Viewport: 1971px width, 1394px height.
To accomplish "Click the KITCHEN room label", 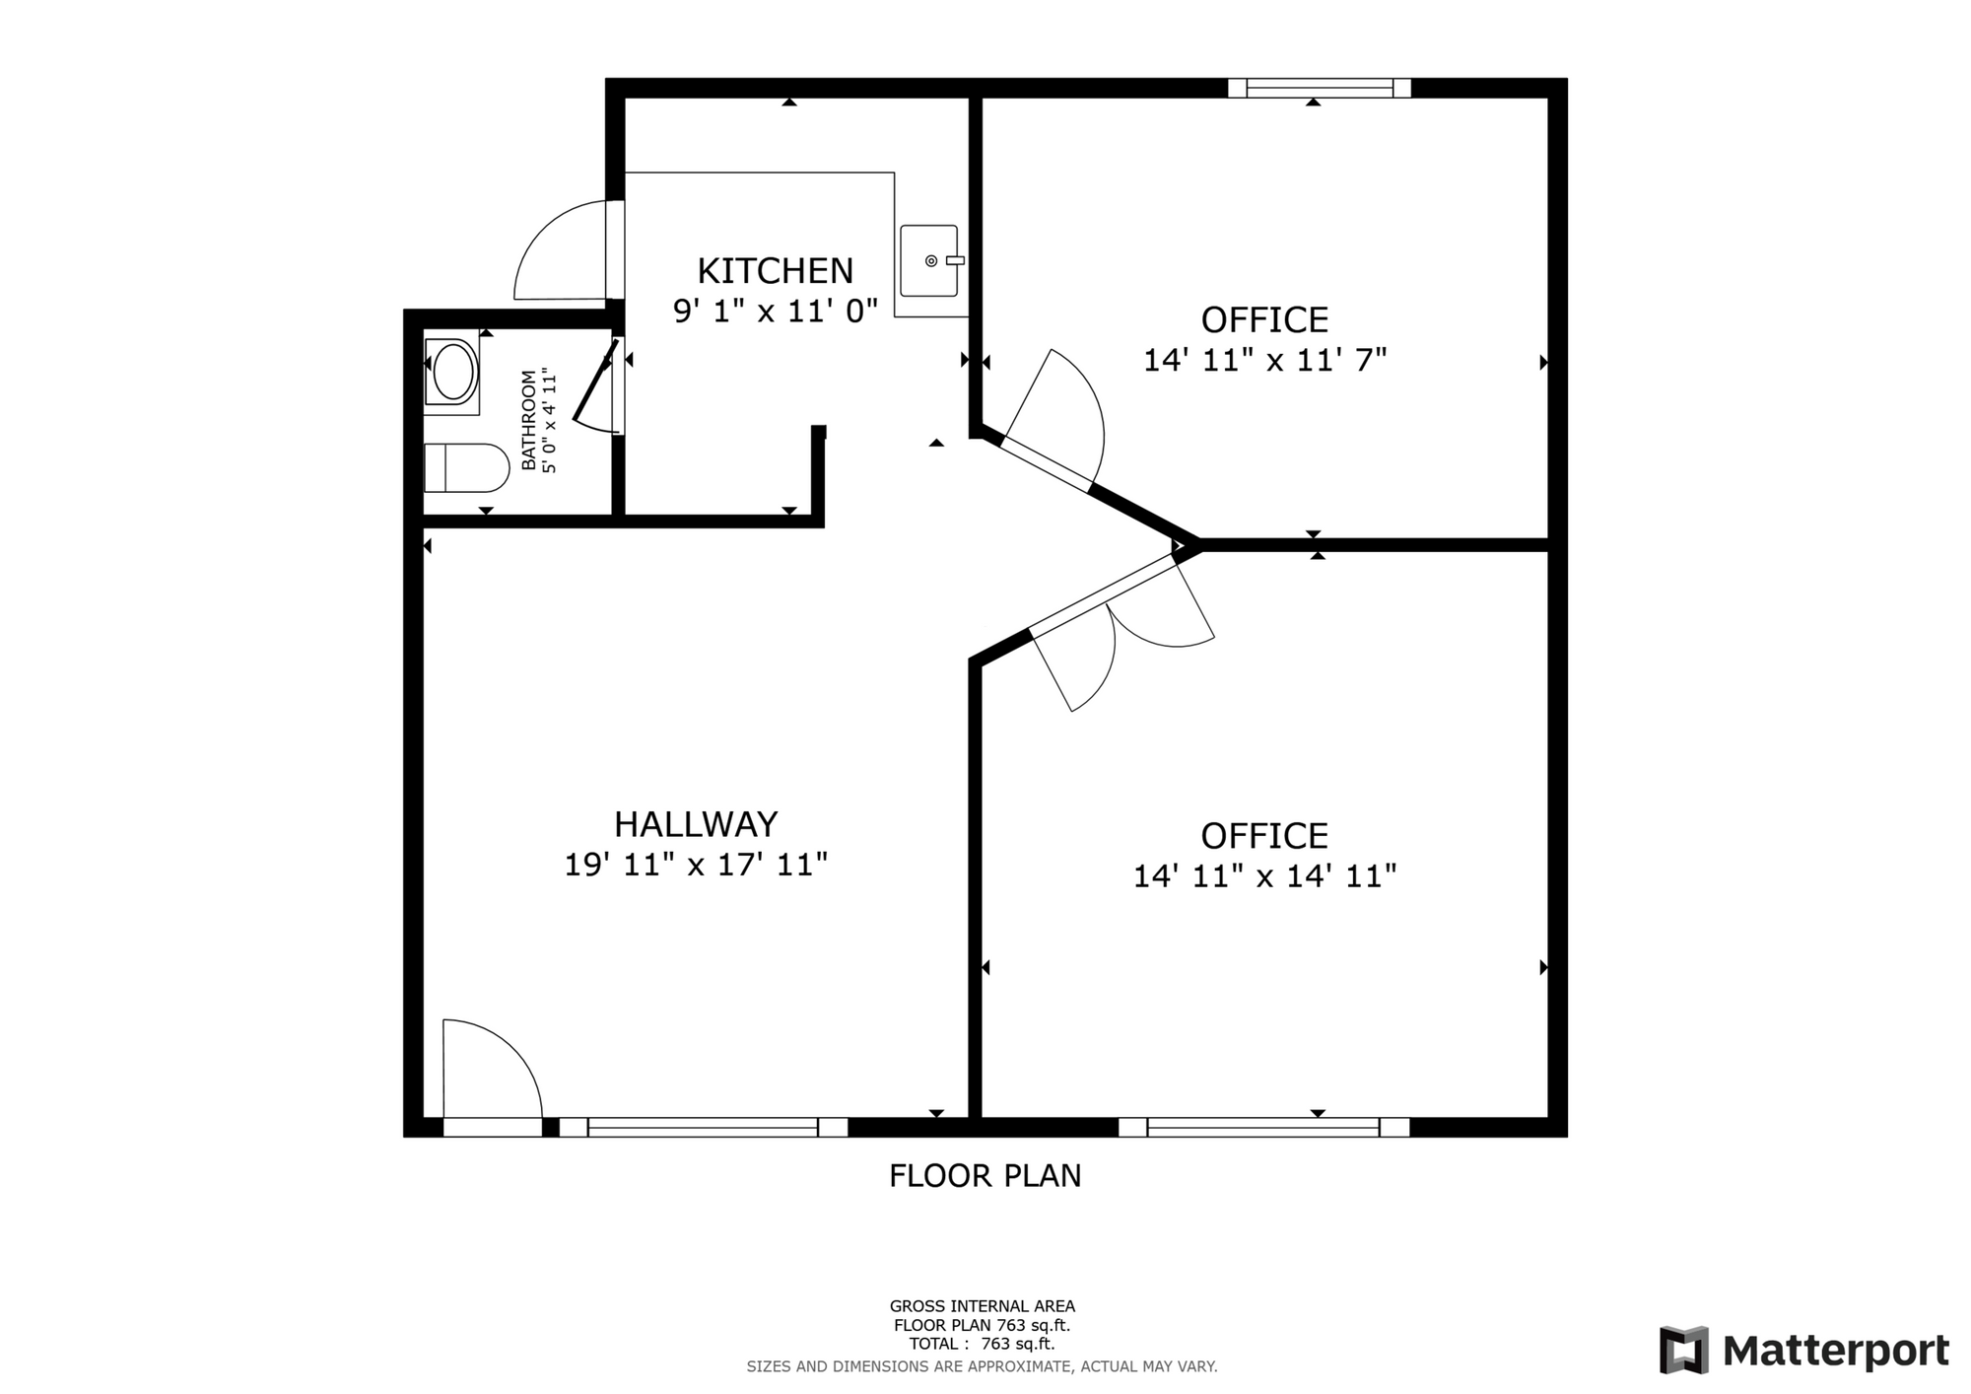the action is point(776,270).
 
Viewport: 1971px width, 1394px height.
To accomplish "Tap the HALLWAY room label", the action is point(696,823).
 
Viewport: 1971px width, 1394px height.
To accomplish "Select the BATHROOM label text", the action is point(529,420).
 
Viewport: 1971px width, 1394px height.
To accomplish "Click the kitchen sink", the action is point(929,260).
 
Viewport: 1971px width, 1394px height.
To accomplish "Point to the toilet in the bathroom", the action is point(465,467).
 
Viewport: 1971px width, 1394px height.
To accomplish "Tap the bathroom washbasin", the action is point(452,372).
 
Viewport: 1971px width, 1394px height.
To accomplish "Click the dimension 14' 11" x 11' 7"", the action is point(1265,360).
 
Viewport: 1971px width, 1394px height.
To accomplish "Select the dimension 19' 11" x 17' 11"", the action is point(696,865).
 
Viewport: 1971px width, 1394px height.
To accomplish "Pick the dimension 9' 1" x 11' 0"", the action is point(776,312).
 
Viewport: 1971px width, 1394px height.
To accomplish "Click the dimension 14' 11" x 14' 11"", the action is point(1265,875).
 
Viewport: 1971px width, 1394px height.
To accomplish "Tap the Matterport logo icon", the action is point(1683,1350).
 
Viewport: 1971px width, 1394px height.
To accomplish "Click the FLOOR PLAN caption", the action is point(985,1175).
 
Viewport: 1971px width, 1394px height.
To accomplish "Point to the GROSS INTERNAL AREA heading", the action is point(983,1306).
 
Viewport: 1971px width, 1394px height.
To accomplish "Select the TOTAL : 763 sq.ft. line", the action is point(982,1344).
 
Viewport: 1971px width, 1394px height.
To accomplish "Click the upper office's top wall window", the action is point(1320,88).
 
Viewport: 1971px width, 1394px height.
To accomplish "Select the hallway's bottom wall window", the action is point(704,1127).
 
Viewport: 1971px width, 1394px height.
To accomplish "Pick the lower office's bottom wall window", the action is point(1264,1127).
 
